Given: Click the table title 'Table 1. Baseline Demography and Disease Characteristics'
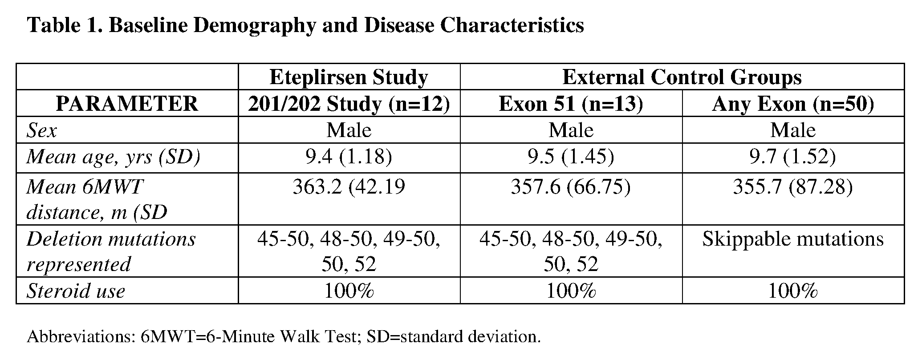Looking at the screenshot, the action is pos(305,25).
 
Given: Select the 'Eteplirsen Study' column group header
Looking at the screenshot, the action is pos(349,77).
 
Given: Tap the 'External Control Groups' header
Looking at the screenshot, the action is pos(682,77).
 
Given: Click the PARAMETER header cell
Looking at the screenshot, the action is pos(127,104).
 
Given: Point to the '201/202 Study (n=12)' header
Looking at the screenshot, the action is pos(349,104).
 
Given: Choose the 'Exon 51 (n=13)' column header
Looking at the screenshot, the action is pos(571,104).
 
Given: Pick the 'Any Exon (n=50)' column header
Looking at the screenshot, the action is pos(793,104).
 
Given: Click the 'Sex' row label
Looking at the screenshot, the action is pos(42,130).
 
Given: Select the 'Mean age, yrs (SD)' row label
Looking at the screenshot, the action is pos(114,157).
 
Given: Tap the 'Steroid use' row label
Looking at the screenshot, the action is pos(76,291).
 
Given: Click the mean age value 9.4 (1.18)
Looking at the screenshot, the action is pos(349,157).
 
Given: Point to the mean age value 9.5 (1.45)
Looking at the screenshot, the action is pos(571,157).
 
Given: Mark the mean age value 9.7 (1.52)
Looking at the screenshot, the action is pos(793,157).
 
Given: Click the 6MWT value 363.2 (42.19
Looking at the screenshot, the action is pos(349,187).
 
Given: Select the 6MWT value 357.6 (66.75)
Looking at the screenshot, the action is pos(571,187).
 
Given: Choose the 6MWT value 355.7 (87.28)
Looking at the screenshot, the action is pos(793,187).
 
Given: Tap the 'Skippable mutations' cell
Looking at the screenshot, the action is pos(793,239).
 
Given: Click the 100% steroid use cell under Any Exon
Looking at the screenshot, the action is pos(793,291).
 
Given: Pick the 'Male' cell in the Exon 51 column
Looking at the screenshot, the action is pos(571,130).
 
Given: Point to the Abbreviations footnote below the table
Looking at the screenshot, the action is pos(284,336).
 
